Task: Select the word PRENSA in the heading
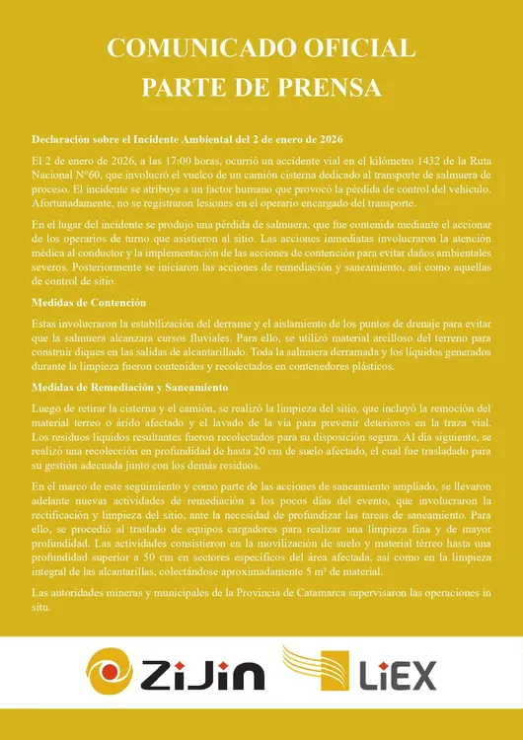323,88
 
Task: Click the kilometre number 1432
383,160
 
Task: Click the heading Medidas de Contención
89,302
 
